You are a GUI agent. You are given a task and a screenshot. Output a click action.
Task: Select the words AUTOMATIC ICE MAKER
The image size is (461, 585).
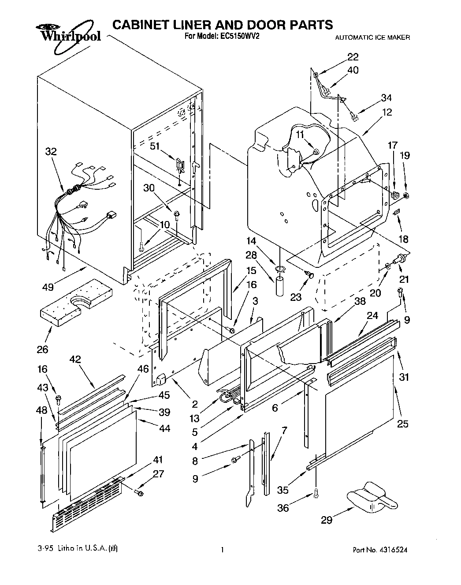(372, 38)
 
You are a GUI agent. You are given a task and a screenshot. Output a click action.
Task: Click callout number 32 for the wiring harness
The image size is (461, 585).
(51, 152)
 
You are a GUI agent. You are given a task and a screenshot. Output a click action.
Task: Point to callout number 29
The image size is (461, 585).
(326, 521)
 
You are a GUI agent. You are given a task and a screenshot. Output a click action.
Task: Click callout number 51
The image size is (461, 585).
(155, 146)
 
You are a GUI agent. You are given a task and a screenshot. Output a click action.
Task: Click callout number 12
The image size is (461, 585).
(387, 112)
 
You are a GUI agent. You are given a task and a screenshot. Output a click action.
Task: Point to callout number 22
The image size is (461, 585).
(353, 57)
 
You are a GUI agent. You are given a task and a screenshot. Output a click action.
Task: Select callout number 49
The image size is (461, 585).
(48, 287)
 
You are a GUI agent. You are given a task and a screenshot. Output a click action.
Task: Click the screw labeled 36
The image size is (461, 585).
(316, 495)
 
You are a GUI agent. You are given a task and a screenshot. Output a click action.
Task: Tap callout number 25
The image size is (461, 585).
(402, 424)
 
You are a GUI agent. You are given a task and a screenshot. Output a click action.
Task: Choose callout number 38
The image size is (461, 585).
(360, 301)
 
